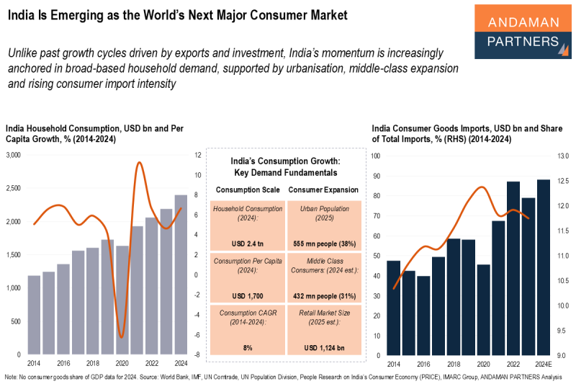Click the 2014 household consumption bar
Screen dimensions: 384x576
[34, 315]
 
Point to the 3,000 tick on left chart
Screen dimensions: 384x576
[14, 155]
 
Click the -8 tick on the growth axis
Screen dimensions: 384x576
[197, 354]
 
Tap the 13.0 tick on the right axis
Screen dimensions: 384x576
[563, 156]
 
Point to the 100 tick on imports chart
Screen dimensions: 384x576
[375, 156]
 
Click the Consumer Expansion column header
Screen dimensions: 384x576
[323, 189]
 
